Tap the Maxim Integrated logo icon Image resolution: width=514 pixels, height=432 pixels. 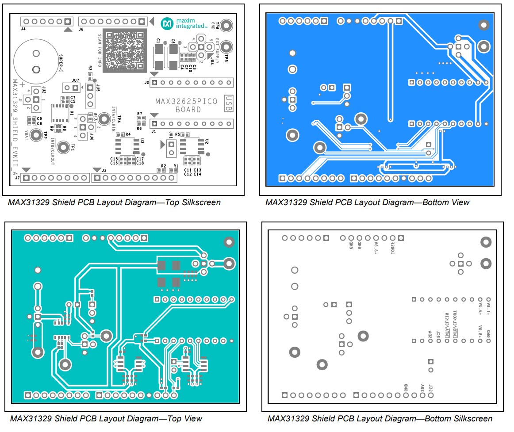tap(167, 23)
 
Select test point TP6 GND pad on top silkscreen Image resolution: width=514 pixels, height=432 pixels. tap(226, 25)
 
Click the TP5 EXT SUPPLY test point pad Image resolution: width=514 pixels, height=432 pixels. tap(226, 46)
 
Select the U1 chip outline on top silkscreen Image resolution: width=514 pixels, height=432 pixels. tap(59, 113)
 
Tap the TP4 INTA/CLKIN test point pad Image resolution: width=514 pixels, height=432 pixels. tap(104, 119)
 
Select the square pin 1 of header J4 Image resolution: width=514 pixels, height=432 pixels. tap(67, 21)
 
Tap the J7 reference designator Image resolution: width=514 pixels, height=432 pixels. tap(17, 178)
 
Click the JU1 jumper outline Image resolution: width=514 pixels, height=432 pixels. tap(170, 148)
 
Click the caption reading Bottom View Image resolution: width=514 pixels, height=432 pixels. tap(367, 203)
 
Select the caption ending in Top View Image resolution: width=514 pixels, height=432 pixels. tap(106, 418)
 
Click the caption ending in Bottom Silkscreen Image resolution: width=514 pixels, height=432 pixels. tap(380, 418)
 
